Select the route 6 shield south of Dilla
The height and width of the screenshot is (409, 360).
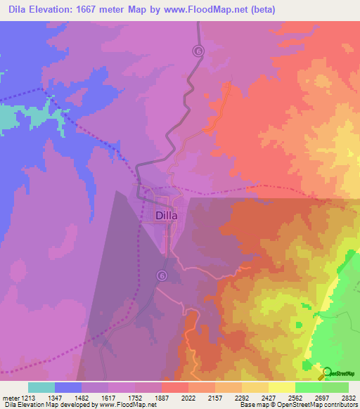[x=162, y=275]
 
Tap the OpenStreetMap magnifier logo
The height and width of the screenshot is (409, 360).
[x=326, y=372]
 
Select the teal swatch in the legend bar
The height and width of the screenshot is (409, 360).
[x=41, y=387]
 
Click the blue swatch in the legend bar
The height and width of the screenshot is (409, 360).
[x=68, y=387]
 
